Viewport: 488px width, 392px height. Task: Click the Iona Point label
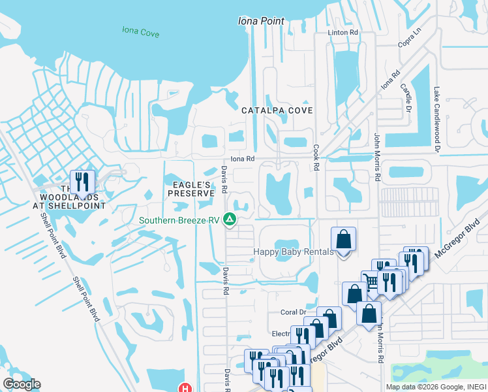coord(261,21)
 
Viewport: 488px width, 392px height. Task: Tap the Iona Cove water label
coord(140,30)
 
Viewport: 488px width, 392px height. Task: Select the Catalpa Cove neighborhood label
coord(277,110)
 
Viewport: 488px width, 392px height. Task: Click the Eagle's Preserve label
coord(191,189)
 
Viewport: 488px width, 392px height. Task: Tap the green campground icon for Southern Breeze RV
coord(230,220)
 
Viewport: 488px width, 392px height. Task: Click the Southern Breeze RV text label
coord(180,220)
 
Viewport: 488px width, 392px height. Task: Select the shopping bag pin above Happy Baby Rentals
coord(344,241)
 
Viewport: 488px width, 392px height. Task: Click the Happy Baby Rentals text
coord(294,252)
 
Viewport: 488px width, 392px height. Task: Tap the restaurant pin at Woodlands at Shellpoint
coord(82,182)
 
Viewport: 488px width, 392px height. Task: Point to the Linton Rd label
coord(344,32)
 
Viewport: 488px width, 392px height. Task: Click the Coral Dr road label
coord(293,312)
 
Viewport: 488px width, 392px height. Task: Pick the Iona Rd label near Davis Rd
coord(241,159)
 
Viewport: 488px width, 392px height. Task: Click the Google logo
coord(22,384)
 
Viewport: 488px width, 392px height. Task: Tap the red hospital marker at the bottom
coord(185,388)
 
